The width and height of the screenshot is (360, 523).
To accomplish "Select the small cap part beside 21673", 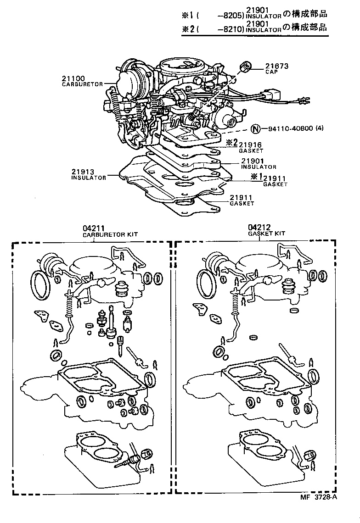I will [245, 67].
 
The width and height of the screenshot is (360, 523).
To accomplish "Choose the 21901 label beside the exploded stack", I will [252, 161].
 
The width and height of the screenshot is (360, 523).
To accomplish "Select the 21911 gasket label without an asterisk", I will [242, 198].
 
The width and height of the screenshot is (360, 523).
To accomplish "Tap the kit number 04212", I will [259, 227].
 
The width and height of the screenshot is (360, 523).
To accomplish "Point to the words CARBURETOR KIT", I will [110, 234].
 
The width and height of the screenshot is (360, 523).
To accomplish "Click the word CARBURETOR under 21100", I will [82, 84].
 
